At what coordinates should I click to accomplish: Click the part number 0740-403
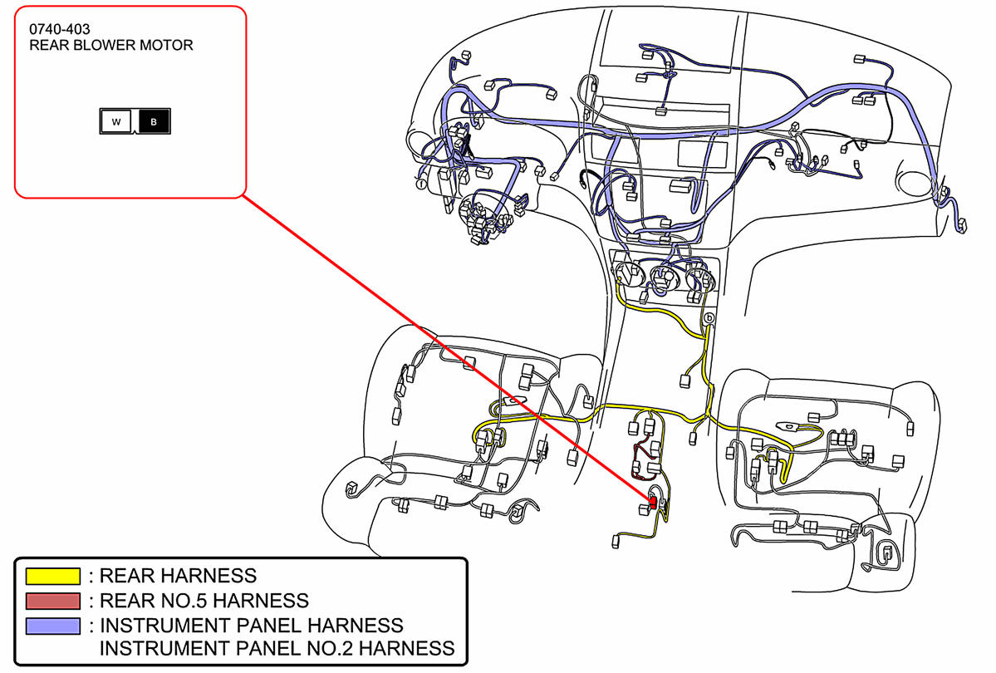[60, 29]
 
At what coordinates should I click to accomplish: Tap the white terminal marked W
[116, 122]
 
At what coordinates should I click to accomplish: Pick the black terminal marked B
[154, 122]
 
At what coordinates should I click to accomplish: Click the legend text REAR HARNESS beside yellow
[178, 575]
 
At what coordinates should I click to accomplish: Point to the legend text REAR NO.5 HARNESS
[204, 600]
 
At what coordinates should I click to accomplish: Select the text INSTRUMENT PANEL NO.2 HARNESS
[277, 648]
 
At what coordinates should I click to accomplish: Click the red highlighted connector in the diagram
[653, 502]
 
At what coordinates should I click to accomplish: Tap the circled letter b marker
[709, 318]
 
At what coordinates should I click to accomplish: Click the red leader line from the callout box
[449, 349]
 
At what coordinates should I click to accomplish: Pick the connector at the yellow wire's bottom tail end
[617, 541]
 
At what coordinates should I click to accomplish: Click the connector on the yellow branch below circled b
[685, 381]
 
